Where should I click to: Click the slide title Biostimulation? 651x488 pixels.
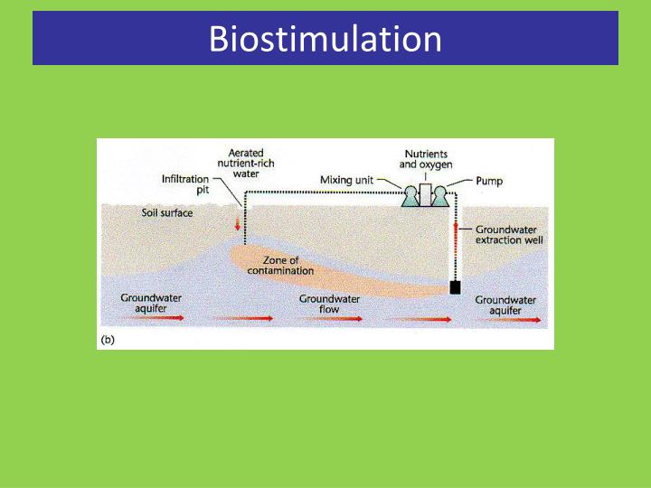point(325,39)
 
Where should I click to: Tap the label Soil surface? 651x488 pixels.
point(166,213)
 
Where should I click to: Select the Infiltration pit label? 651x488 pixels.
point(185,184)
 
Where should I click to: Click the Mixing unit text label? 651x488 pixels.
point(348,180)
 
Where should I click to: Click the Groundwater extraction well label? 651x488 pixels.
point(506,236)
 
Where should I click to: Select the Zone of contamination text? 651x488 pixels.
point(287,265)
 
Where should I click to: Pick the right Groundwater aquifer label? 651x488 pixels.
point(505,305)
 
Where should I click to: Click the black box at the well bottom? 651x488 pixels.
point(456,288)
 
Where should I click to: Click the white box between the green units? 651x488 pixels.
point(425,194)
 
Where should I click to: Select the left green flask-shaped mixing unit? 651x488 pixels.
point(410,198)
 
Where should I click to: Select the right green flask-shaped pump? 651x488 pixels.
point(440,198)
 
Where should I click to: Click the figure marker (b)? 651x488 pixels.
point(107,340)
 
